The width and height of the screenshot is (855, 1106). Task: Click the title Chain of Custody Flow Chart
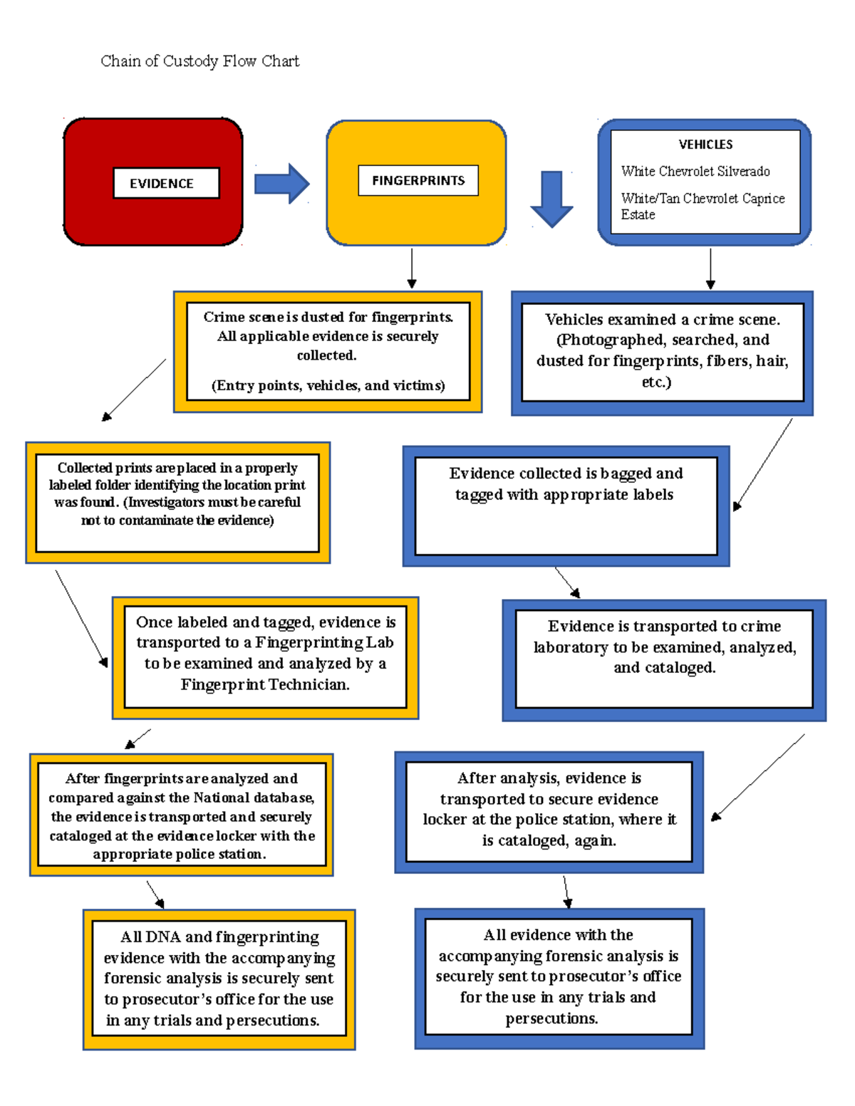coord(199,61)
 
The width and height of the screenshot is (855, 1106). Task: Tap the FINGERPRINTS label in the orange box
coord(418,180)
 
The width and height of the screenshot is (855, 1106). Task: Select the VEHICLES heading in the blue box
coord(705,145)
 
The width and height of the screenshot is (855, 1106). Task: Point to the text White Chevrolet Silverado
coord(695,171)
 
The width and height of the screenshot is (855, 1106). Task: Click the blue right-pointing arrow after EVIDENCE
coord(281,183)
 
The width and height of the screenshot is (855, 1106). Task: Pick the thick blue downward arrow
coord(551,199)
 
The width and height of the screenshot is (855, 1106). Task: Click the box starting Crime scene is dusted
coord(328,351)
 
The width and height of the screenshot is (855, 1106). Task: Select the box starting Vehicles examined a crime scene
coord(662,353)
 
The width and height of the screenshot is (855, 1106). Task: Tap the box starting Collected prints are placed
coord(177,502)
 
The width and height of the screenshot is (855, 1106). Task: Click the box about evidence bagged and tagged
coord(566,506)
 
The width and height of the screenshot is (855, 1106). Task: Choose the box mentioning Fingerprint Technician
coord(265,657)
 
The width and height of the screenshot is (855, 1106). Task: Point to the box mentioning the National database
coord(182,815)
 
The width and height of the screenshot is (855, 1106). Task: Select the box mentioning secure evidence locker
coord(549,811)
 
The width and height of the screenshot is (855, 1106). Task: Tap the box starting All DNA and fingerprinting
coord(219,979)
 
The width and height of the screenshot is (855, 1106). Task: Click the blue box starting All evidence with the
coord(559,977)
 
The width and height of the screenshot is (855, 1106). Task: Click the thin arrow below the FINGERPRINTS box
coord(412,268)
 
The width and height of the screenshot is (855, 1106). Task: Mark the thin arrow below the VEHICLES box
coord(710,268)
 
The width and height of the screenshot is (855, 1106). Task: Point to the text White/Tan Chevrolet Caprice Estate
coord(703,206)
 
